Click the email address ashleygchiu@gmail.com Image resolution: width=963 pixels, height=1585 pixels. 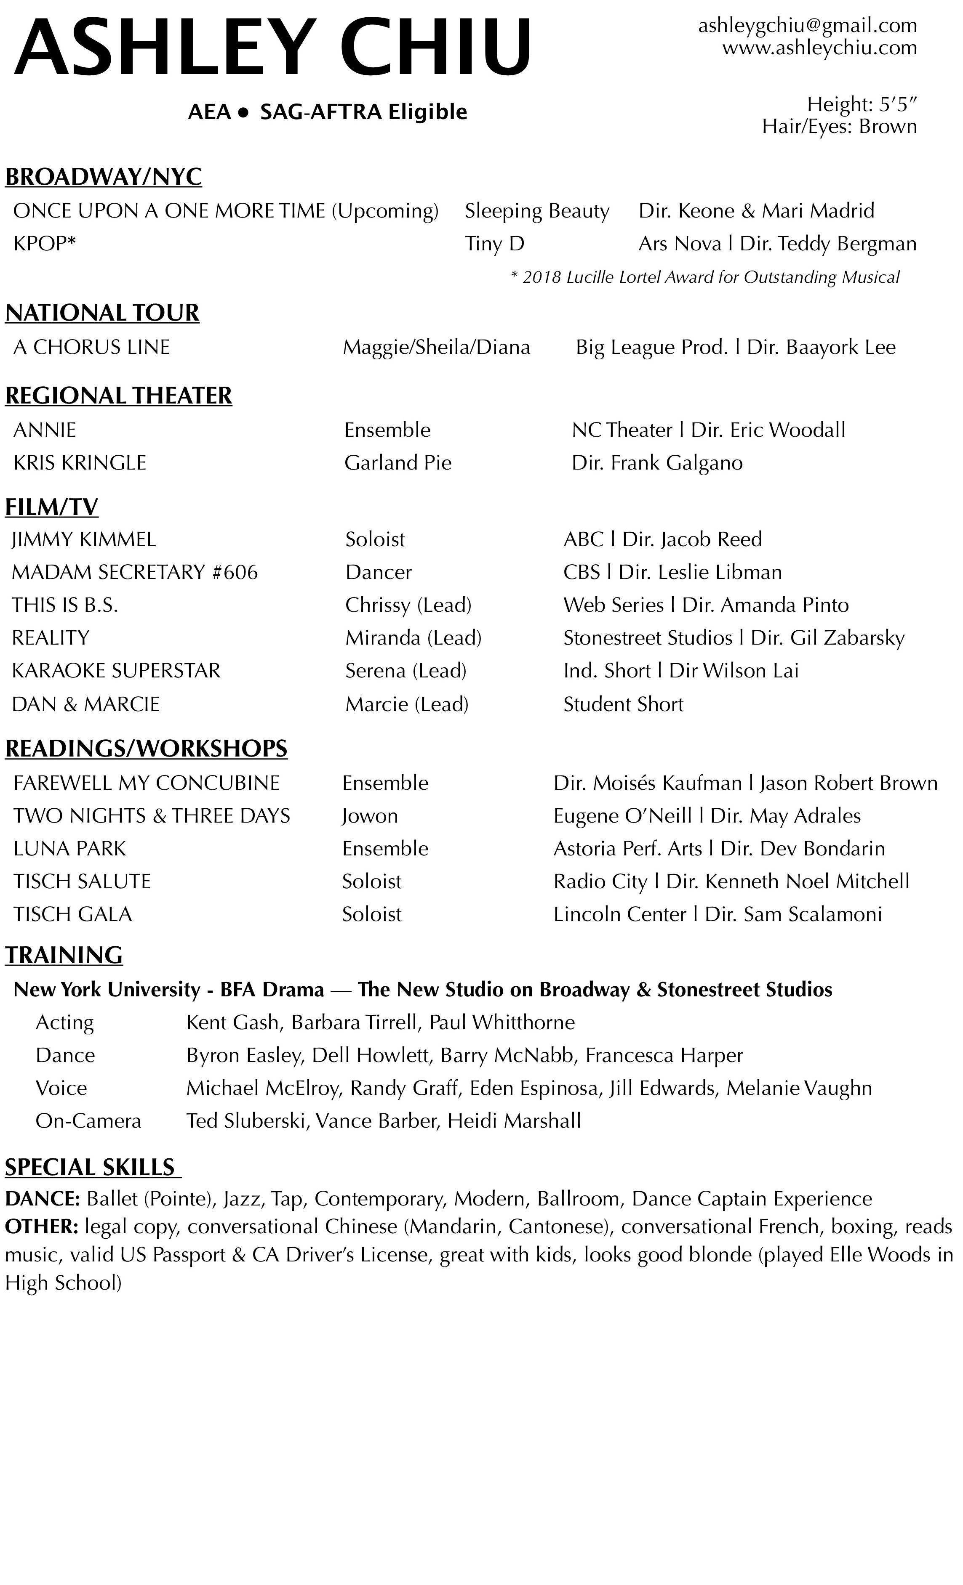tap(807, 26)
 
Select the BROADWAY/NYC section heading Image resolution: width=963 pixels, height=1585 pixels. tap(104, 177)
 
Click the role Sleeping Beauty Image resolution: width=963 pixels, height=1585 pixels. tap(537, 211)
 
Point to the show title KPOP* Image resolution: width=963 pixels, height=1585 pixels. tap(44, 244)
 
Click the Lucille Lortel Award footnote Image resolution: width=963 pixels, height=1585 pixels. tap(705, 277)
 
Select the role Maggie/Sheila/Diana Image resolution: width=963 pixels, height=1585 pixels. tap(436, 348)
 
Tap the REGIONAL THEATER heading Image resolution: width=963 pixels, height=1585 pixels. tap(118, 396)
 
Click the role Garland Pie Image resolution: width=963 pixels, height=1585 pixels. tap(398, 463)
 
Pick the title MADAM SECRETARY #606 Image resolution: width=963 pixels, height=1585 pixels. tap(135, 573)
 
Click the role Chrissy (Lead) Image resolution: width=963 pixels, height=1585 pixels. tap(408, 605)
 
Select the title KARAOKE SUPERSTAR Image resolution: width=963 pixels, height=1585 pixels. tap(116, 671)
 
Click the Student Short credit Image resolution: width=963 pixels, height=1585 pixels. tap(623, 704)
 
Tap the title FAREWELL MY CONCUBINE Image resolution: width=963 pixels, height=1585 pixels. tap(146, 783)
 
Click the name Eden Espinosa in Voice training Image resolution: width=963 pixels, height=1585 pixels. tap(534, 1089)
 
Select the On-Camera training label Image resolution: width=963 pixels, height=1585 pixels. tap(88, 1121)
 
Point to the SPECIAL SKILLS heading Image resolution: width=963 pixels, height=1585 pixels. tap(90, 1168)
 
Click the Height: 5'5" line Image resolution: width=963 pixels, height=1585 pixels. tap(861, 104)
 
